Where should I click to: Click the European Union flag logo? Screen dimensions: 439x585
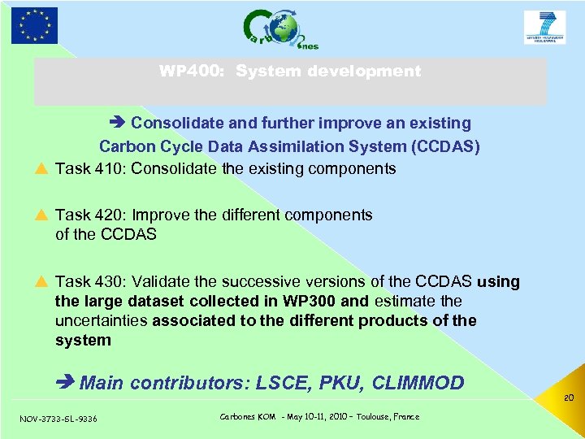click(34, 25)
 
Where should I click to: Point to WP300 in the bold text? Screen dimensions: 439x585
click(313, 301)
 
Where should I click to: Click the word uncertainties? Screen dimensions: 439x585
click(101, 320)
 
